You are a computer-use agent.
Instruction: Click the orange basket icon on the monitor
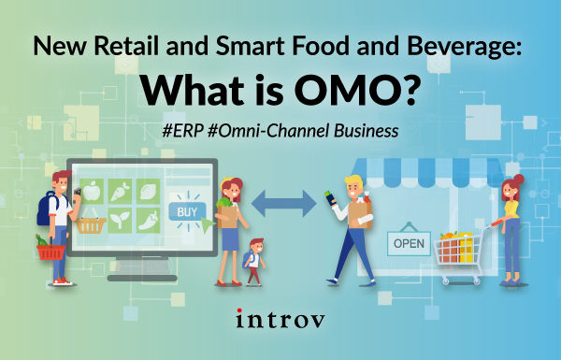tap(89, 225)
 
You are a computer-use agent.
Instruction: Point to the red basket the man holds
tap(48, 251)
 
